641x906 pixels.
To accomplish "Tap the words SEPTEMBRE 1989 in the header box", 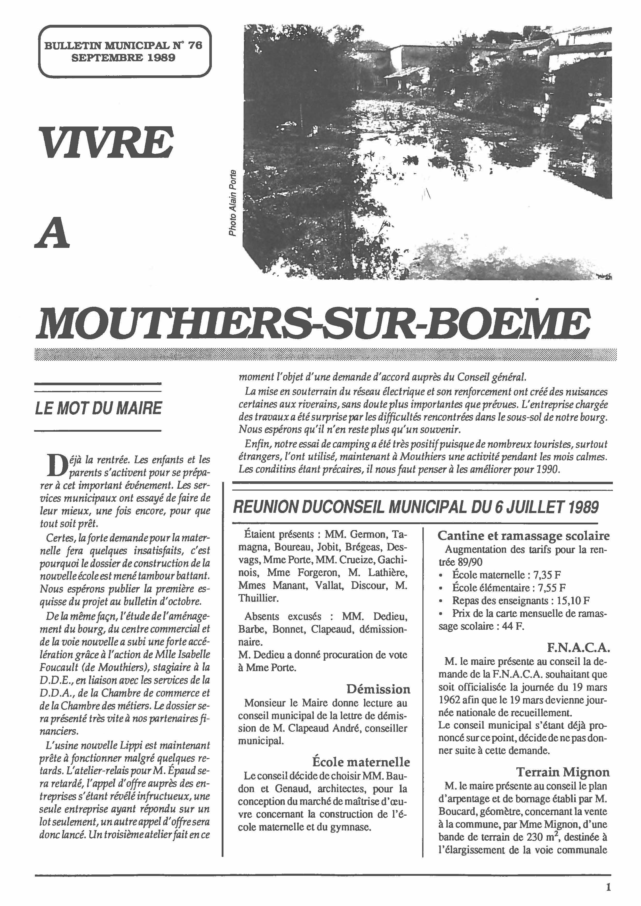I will [124, 58].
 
